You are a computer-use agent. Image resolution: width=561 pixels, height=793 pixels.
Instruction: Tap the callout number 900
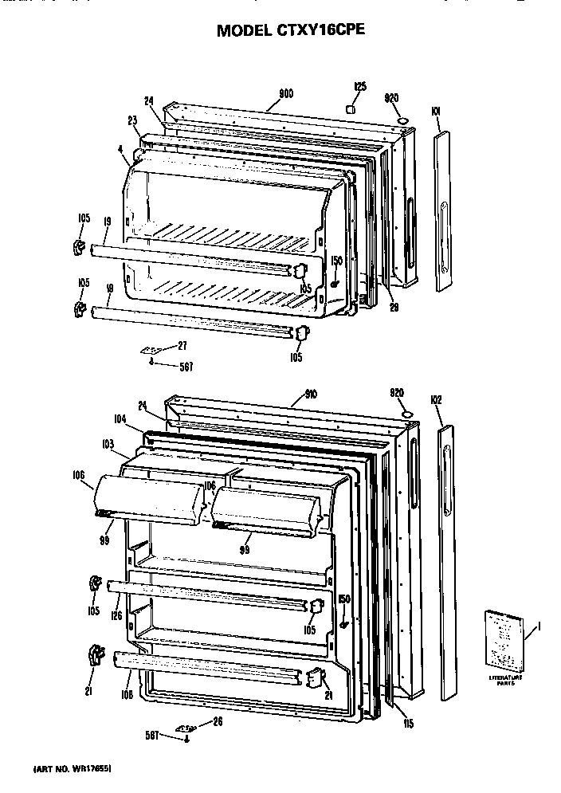tap(286, 94)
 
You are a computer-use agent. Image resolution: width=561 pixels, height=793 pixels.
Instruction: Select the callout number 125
tap(359, 86)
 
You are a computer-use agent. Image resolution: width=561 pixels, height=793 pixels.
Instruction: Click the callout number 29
tap(392, 308)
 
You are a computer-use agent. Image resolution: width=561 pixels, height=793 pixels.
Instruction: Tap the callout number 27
tap(183, 345)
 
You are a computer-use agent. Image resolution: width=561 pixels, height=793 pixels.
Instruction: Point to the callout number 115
tap(408, 724)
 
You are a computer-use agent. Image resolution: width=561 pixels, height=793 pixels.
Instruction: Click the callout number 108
tap(127, 694)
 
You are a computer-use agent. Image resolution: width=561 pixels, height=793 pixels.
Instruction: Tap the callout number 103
tap(108, 443)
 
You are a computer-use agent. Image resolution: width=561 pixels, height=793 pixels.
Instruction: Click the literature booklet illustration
tap(502, 639)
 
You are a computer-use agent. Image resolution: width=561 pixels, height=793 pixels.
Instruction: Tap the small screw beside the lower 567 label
tap(186, 740)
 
